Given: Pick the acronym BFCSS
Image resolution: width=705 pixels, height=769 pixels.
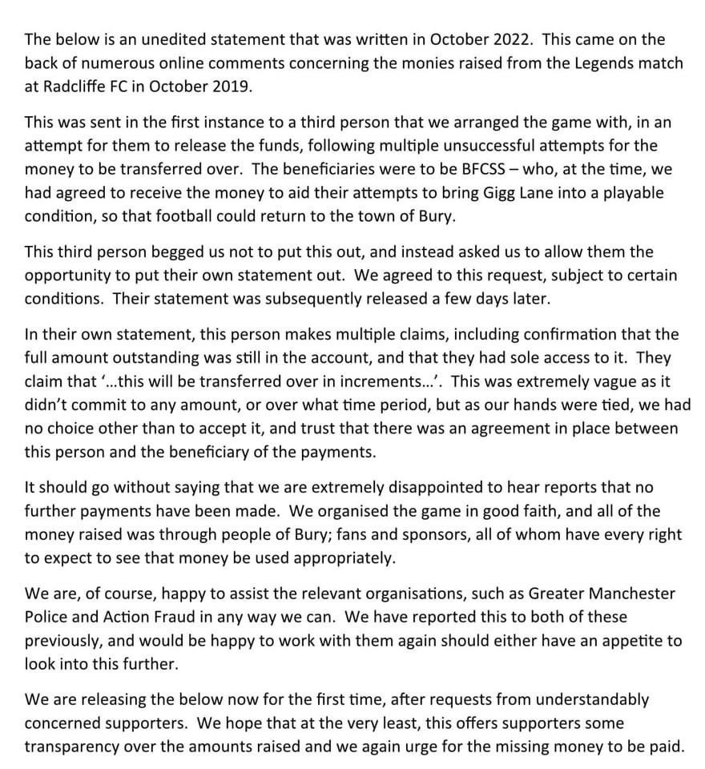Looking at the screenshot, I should click(455, 169).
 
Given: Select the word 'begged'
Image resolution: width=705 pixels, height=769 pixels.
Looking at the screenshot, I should click(167, 252).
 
